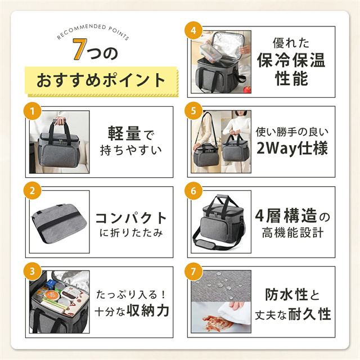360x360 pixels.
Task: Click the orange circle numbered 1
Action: (33, 111)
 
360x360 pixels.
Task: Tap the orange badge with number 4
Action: (193, 30)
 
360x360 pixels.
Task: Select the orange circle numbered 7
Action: (193, 271)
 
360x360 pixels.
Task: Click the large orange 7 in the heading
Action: (80, 49)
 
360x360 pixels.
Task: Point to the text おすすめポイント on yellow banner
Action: (101, 80)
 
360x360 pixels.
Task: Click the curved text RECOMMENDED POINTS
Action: (93, 30)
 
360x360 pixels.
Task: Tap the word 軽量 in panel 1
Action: (124, 133)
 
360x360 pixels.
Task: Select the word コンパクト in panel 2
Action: (131, 218)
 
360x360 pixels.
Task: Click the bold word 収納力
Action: (148, 311)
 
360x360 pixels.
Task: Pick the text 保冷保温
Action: (291, 60)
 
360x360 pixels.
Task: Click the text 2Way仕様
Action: (292, 148)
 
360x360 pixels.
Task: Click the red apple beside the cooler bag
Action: (247, 89)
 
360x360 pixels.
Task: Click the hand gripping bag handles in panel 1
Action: (60, 120)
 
